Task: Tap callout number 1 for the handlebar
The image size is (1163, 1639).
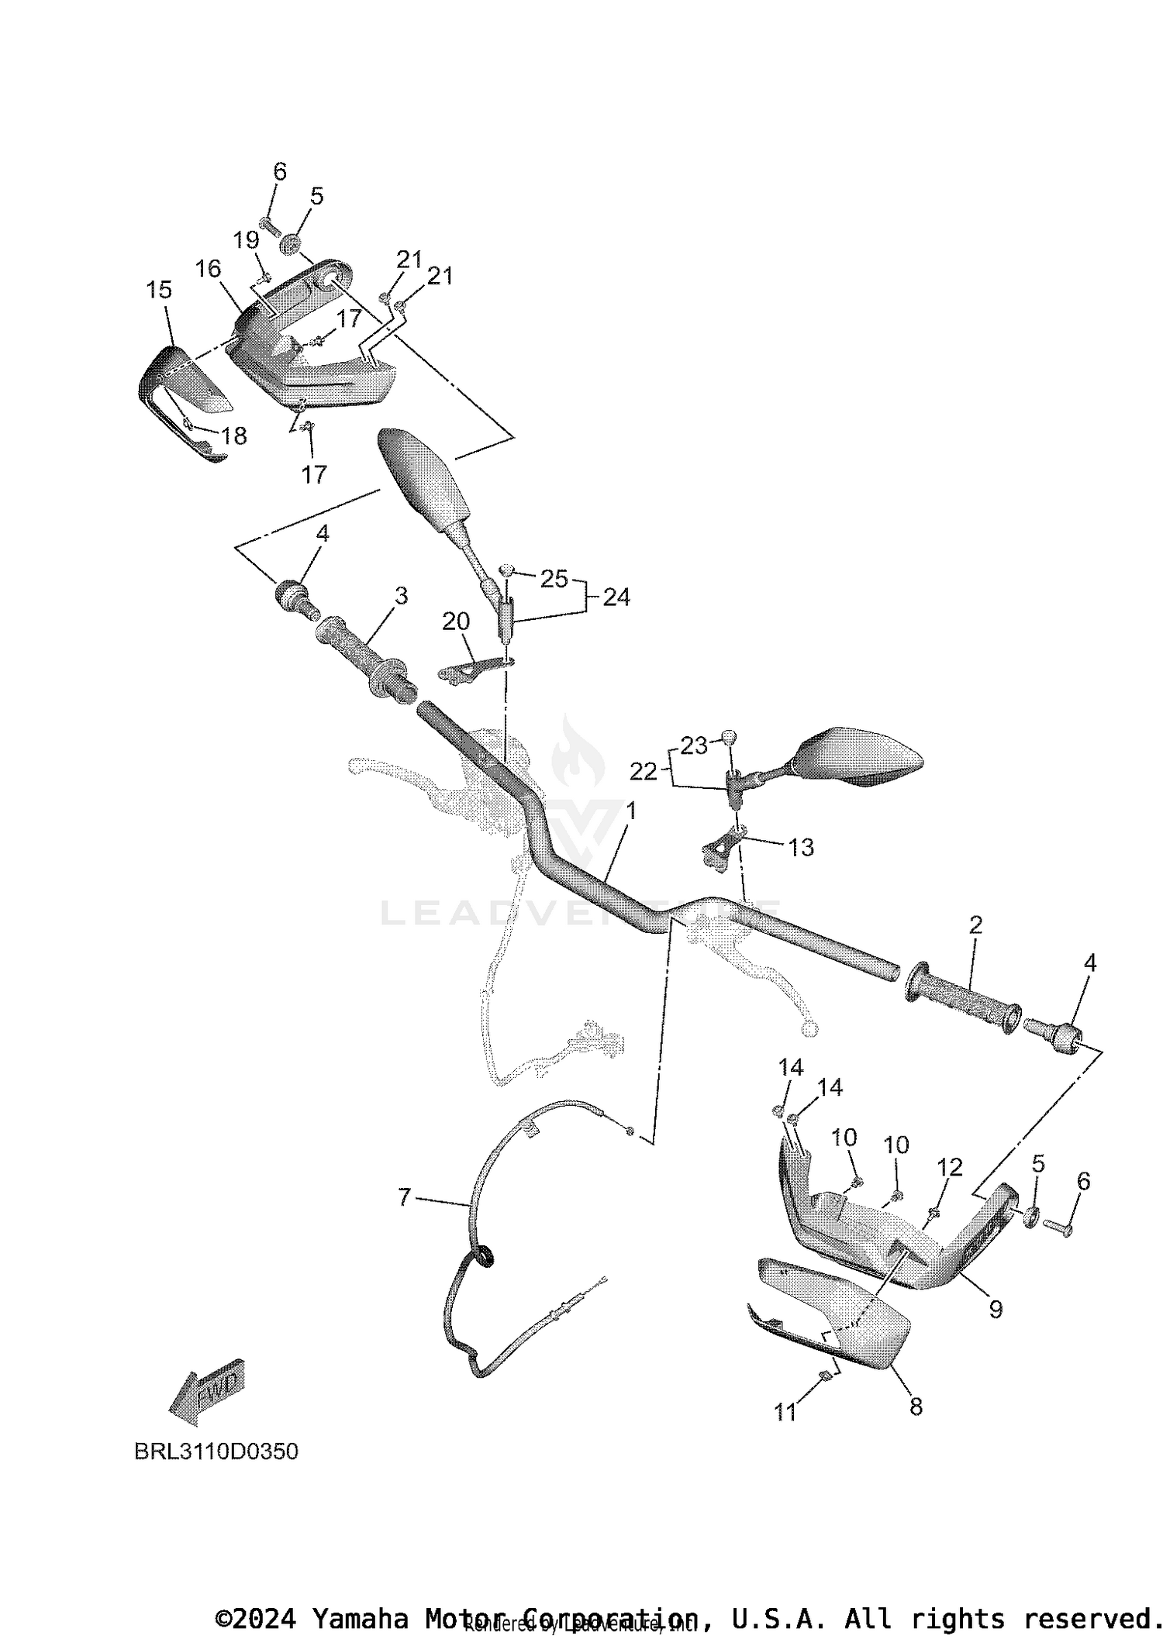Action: coord(631,811)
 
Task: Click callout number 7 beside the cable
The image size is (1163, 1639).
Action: coord(405,1197)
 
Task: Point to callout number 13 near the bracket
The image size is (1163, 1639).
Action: coord(801,847)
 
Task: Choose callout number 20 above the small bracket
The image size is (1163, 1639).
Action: coord(456,621)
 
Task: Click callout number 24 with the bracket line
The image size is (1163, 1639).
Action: coord(616,597)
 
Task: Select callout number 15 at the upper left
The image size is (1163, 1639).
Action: coord(159,290)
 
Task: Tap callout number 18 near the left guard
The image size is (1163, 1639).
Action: coord(233,436)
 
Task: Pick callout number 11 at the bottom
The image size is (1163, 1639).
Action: coord(785,1413)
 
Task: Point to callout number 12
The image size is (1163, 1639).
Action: coord(950,1167)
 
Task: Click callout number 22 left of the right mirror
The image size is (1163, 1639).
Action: coord(644,771)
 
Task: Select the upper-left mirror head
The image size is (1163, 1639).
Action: coord(423,473)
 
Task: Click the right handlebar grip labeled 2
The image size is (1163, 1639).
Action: coord(964,998)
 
